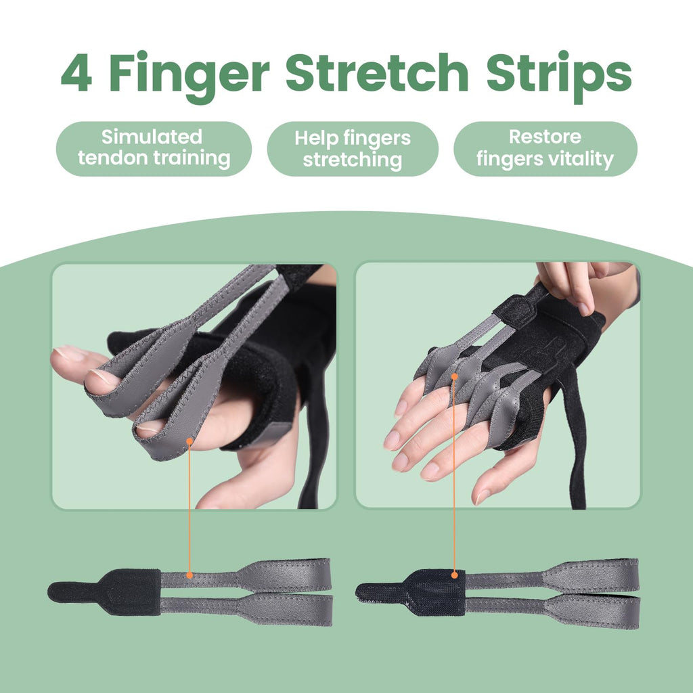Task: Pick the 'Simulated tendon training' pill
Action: tap(153, 148)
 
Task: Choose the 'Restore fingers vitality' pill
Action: tap(545, 148)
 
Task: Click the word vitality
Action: tap(581, 160)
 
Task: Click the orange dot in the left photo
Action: tap(189, 441)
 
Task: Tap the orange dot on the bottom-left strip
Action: tap(189, 575)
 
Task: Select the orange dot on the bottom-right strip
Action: tap(455, 575)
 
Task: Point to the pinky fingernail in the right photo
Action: tap(482, 496)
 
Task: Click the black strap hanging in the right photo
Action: tap(576, 467)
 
